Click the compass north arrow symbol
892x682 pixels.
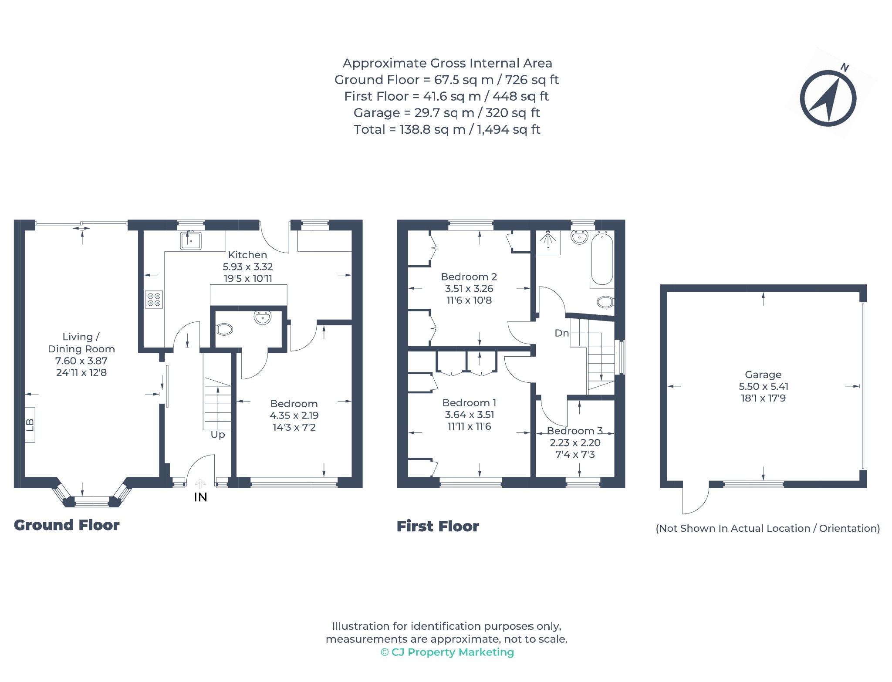pyautogui.click(x=828, y=98)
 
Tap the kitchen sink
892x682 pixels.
pyautogui.click(x=191, y=240)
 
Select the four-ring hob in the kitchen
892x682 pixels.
pyautogui.click(x=154, y=299)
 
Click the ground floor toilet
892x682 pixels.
pyautogui.click(x=224, y=329)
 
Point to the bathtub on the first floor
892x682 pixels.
pyautogui.click(x=602, y=258)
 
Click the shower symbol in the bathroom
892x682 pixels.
pyautogui.click(x=548, y=240)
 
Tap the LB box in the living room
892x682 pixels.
pyautogui.click(x=30, y=425)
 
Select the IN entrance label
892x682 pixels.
pyautogui.click(x=200, y=497)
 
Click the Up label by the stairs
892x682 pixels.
pyautogui.click(x=218, y=435)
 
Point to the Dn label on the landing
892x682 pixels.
pyautogui.click(x=561, y=333)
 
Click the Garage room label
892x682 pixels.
pyautogui.click(x=763, y=375)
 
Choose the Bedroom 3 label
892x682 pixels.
pyautogui.click(x=575, y=431)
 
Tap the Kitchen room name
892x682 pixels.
pyautogui.click(x=247, y=255)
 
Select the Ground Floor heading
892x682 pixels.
pyautogui.click(x=67, y=525)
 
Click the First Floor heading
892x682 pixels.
pyautogui.click(x=438, y=526)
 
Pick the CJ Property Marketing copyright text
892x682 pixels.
pyautogui.click(x=447, y=652)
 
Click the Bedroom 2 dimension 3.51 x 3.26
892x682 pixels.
pyautogui.click(x=469, y=288)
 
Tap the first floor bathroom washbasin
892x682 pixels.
pyautogui.click(x=579, y=237)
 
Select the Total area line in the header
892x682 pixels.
pyautogui.click(x=447, y=129)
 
